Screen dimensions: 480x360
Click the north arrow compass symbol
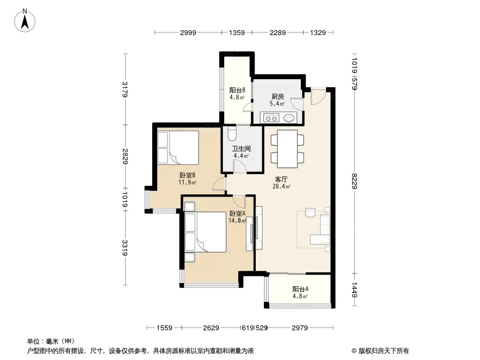point(25,20)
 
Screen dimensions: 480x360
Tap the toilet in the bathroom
point(232,133)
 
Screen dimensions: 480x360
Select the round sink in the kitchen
point(288,118)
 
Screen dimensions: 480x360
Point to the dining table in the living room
point(287,149)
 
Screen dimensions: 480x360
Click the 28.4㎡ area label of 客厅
point(281,186)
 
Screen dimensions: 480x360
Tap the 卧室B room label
point(187,175)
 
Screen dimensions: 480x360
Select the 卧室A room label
point(237,213)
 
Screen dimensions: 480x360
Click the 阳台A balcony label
point(300,289)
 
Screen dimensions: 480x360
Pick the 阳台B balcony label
point(237,90)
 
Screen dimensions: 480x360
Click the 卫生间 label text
point(241,148)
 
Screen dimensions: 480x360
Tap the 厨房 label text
point(278,97)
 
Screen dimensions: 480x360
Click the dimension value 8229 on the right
point(354,181)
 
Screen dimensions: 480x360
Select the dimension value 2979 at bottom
point(300,328)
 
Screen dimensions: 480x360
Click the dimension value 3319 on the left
point(125,248)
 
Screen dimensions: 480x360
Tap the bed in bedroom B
point(178,148)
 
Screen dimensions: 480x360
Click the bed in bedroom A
point(206,232)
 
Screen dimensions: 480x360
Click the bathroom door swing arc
point(240,166)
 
